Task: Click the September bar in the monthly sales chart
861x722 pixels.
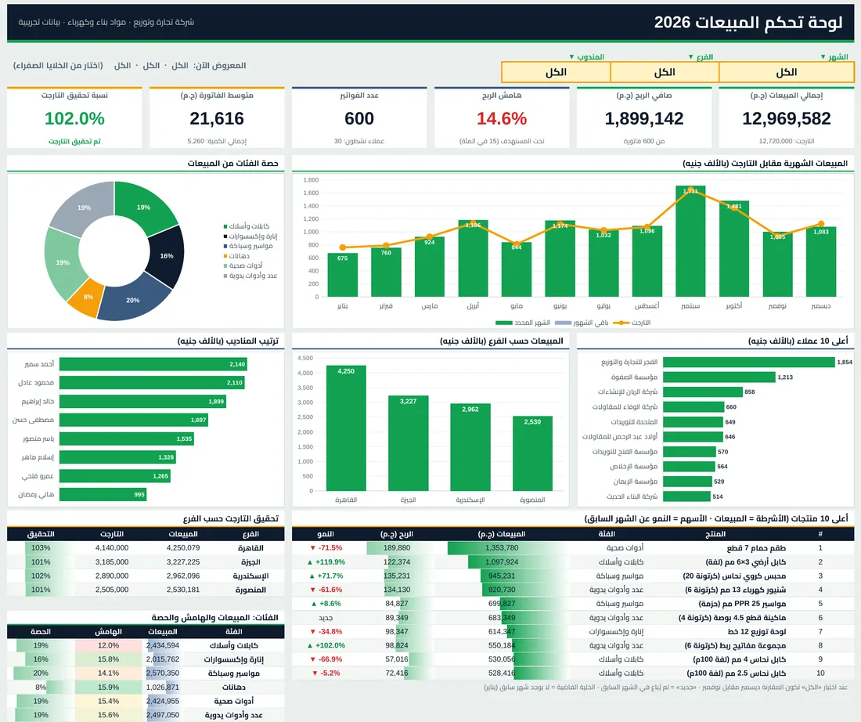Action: [690, 241]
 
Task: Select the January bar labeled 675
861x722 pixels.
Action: [343, 275]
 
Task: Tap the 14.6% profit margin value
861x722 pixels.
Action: [501, 119]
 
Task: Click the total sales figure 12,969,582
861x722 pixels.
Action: [787, 119]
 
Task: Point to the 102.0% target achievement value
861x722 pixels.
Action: [74, 119]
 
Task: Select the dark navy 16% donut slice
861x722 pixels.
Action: [167, 256]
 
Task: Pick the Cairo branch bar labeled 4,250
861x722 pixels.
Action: [346, 428]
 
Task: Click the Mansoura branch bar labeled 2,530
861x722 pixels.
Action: [532, 453]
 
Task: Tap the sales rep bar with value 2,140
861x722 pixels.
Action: [153, 364]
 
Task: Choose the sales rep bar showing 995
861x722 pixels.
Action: [103, 495]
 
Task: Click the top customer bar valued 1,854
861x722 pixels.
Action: [749, 362]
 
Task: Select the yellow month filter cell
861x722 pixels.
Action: [787, 72]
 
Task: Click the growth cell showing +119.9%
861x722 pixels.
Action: [326, 562]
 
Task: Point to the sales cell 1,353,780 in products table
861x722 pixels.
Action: [502, 548]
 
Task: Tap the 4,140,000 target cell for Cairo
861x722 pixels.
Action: [112, 548]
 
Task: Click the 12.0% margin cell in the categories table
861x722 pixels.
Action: [108, 645]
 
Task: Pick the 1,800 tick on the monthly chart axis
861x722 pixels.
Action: [311, 179]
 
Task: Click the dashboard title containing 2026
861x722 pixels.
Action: [748, 23]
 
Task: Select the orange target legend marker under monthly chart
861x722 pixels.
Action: [621, 323]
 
